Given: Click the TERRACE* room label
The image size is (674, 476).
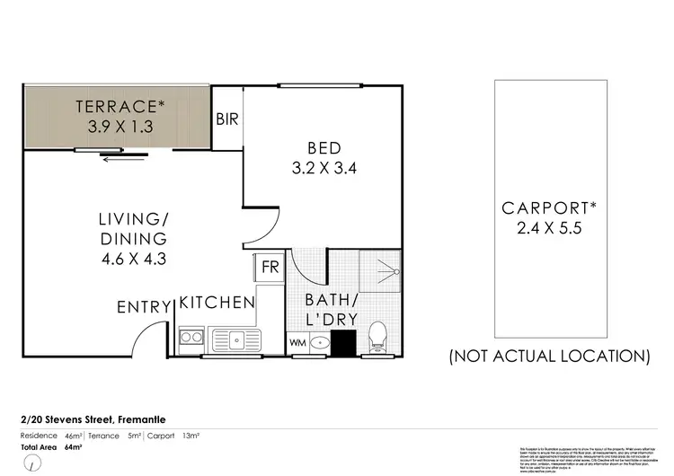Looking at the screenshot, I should (x=120, y=106).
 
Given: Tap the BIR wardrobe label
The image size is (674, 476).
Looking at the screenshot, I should (x=226, y=118).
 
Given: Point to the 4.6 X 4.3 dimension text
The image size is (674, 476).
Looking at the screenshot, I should (x=134, y=260).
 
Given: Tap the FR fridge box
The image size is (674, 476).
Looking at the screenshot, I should (x=269, y=266).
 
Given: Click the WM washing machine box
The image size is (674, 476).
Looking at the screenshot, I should (x=297, y=342).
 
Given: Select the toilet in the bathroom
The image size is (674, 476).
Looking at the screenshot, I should (x=377, y=337).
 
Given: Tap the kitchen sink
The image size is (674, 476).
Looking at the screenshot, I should (x=238, y=339).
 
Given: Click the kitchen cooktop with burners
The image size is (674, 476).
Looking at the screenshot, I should (x=191, y=339).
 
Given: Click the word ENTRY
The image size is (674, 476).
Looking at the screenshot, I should (x=143, y=307).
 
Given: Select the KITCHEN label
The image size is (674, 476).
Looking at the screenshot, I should (x=217, y=303).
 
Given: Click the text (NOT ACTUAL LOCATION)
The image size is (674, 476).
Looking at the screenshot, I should (x=549, y=357).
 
